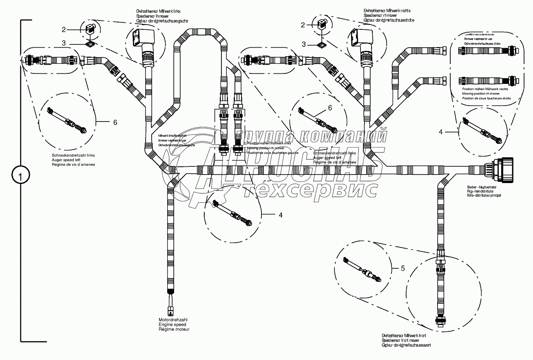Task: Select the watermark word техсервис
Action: point(310,190)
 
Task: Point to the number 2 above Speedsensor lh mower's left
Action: point(64,29)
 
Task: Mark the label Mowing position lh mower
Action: point(266,148)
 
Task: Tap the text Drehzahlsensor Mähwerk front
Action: point(404,335)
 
